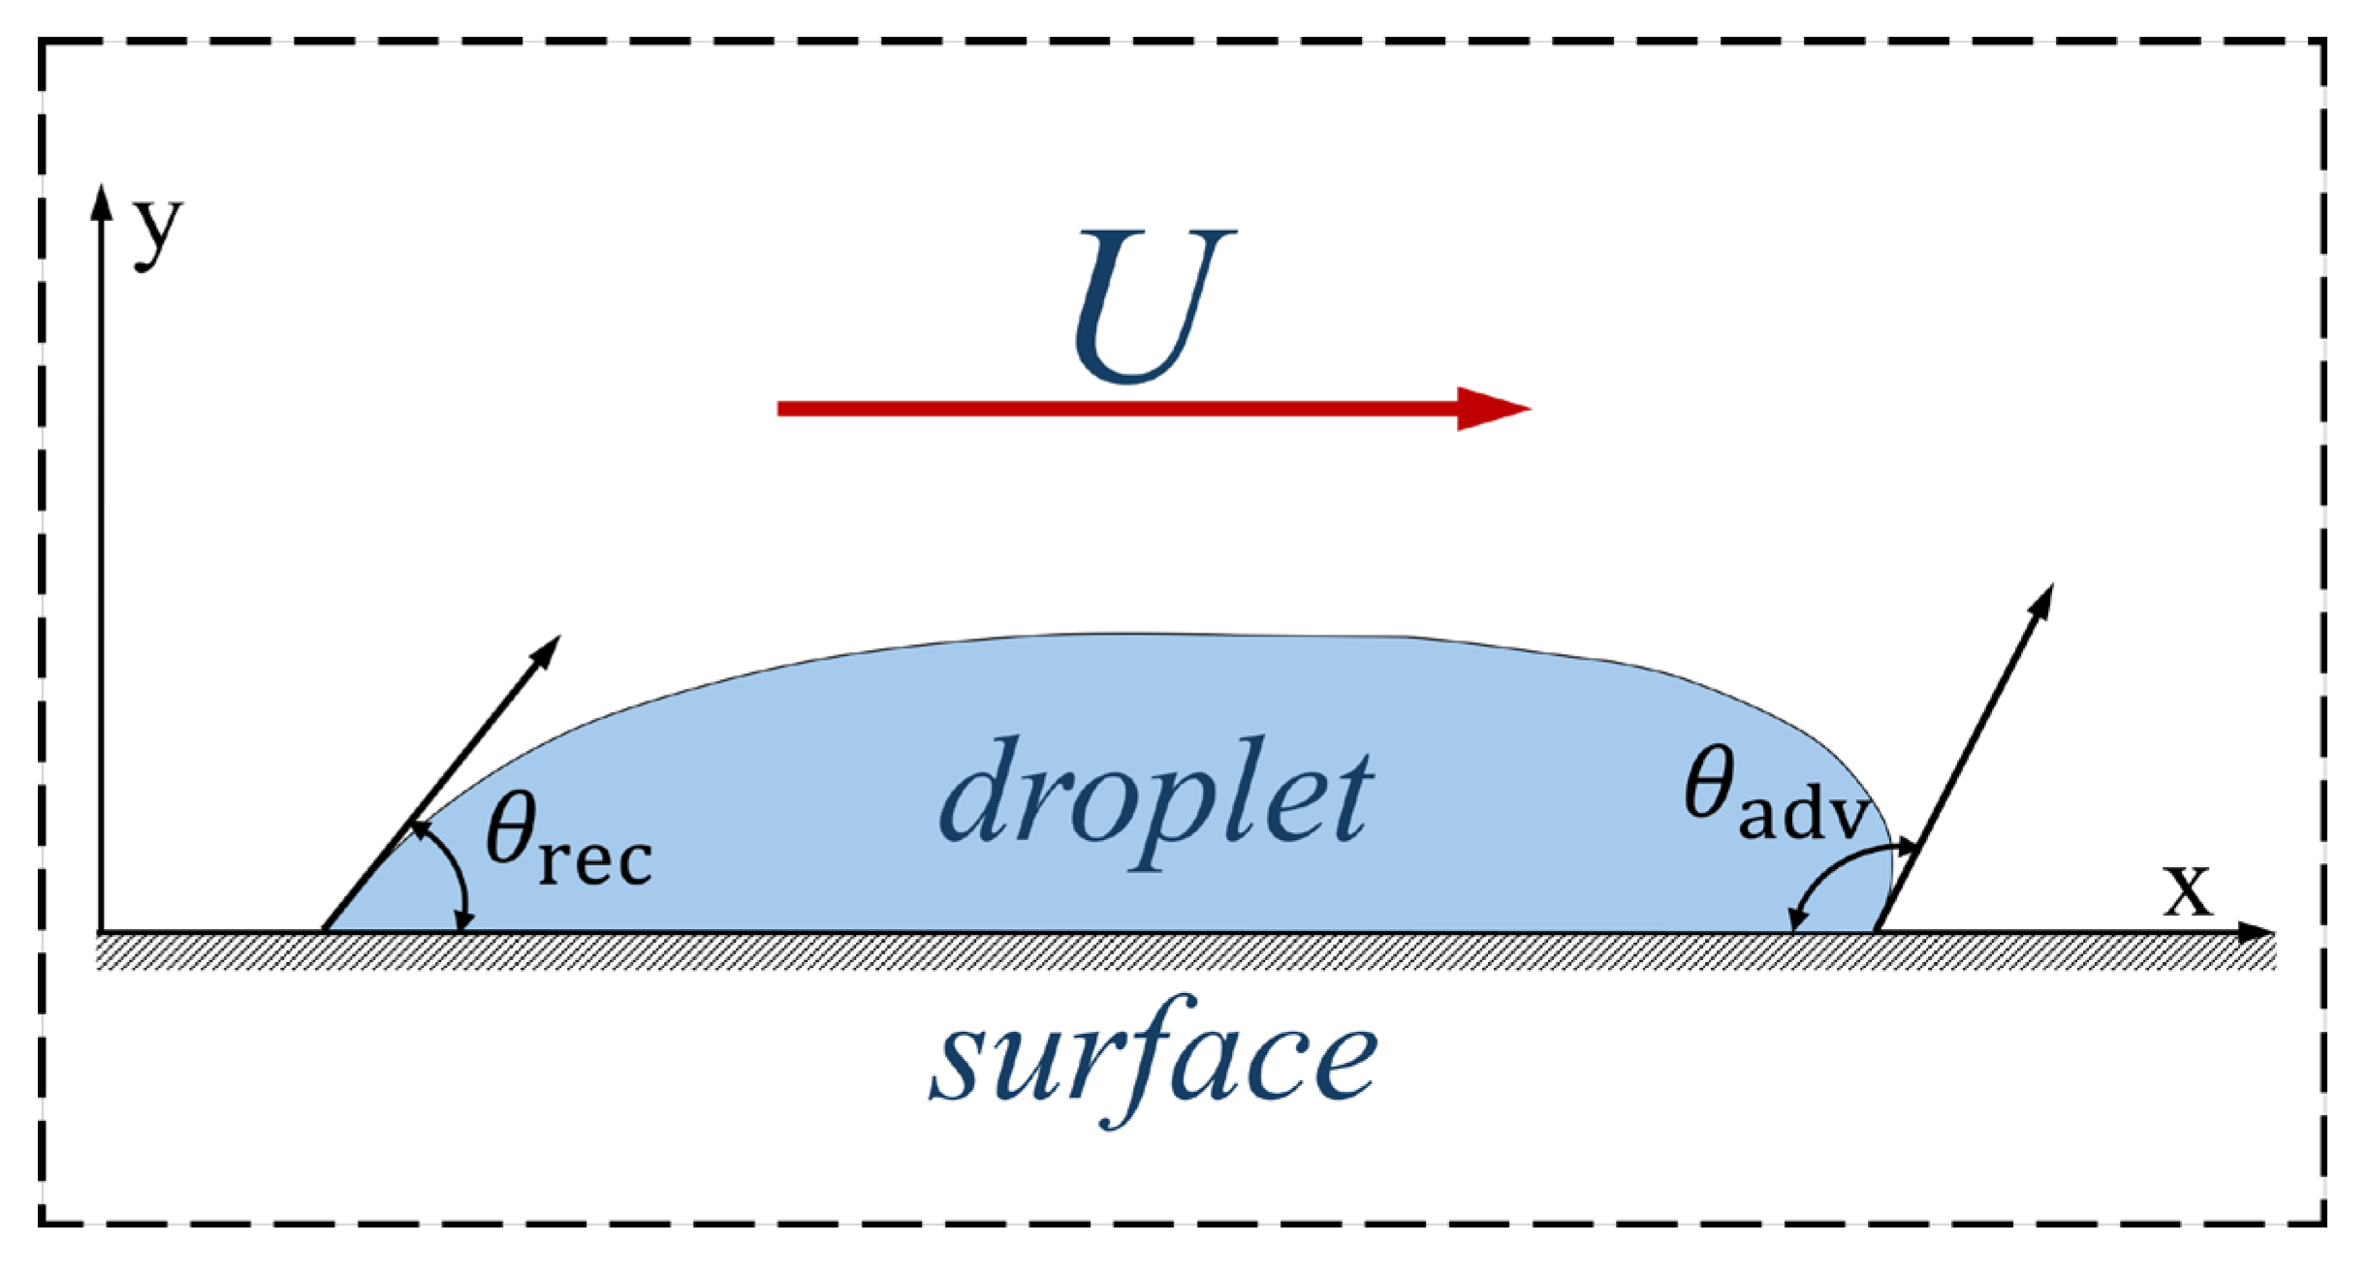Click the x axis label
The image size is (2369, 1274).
tap(2188, 888)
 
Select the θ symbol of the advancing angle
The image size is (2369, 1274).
tap(1708, 783)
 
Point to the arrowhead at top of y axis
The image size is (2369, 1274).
tap(101, 199)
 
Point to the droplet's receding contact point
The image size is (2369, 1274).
tap(325, 931)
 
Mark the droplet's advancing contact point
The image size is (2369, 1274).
tap(1877, 931)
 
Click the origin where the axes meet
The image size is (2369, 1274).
tap(101, 932)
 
